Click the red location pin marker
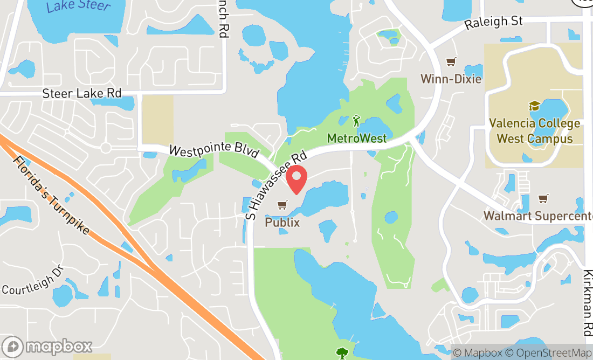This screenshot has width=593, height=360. click(x=296, y=180)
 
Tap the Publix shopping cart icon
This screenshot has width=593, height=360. click(x=282, y=205)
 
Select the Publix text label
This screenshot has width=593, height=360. click(x=282, y=221)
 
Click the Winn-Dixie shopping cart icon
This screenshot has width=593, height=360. click(x=451, y=62)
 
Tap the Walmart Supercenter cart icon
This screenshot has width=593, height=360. click(x=543, y=199)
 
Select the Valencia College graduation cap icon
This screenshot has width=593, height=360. click(x=534, y=106)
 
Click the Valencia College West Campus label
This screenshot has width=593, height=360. click(x=534, y=131)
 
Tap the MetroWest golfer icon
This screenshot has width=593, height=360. click(x=356, y=120)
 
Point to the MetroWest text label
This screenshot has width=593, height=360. click(x=356, y=139)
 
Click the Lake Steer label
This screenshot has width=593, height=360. click(x=79, y=6)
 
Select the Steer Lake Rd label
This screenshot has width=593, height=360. click(x=82, y=93)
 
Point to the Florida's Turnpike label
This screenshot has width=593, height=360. click(x=51, y=195)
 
